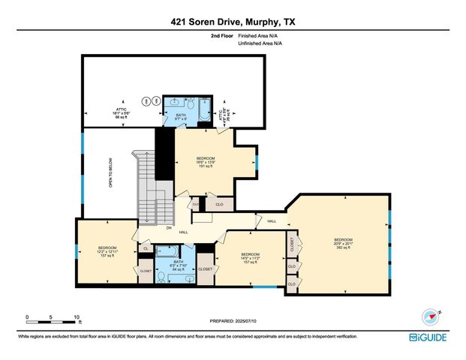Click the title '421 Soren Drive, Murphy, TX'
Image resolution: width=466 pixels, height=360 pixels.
tap(233, 22)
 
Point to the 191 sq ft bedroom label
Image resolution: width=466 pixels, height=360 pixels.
tap(206, 162)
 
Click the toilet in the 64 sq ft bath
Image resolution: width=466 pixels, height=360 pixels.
tap(161, 277)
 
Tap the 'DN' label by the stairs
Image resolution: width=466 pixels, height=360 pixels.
tap(169, 228)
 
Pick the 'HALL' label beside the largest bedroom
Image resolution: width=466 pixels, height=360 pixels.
tap(272, 221)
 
